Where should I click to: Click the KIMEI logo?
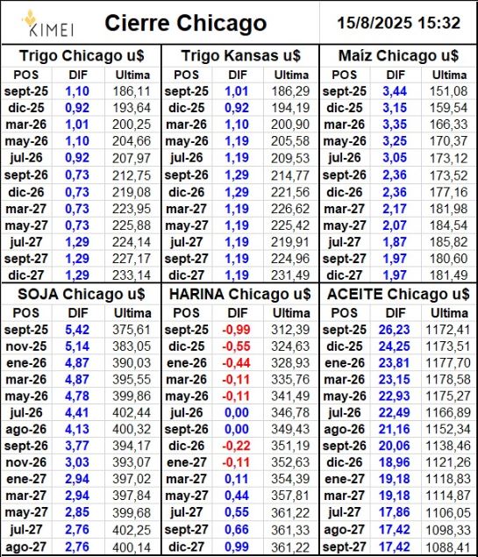tap(48, 24)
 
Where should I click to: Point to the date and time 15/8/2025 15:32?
tap(398, 23)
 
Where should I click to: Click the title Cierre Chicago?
tap(186, 24)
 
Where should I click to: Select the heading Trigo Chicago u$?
tap(82, 56)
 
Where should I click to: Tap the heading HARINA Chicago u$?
tap(239, 294)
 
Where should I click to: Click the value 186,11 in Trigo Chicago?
tap(132, 91)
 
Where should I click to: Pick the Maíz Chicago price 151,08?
tap(448, 91)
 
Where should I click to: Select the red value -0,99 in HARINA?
tap(236, 330)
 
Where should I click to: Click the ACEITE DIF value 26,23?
tap(394, 330)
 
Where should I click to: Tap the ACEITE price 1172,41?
tap(448, 330)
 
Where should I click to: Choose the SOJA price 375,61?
tap(132, 330)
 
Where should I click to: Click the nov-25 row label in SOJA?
tap(26, 346)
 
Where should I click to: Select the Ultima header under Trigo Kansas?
tap(291, 75)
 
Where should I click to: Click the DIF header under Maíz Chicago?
tap(396, 75)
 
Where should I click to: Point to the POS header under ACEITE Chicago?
tap(344, 313)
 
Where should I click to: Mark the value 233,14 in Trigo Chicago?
tap(132, 275)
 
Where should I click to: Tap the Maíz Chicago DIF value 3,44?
tap(395, 91)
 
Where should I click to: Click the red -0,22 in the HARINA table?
tap(236, 446)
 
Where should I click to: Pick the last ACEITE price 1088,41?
tap(448, 546)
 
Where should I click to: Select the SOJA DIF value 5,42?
tap(77, 330)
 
